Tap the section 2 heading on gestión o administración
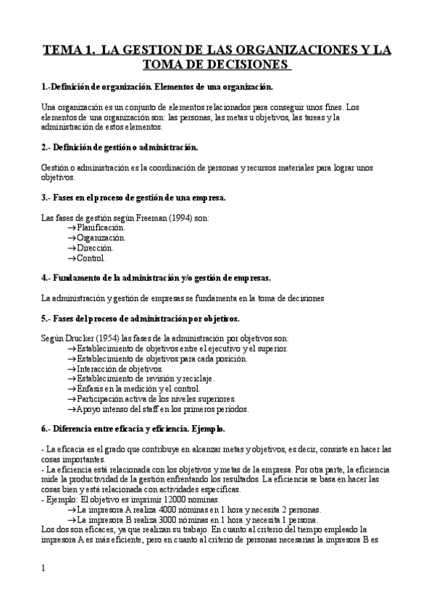tap(120, 147)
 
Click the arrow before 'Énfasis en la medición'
tap(71, 389)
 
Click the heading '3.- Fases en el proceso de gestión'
tap(134, 198)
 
